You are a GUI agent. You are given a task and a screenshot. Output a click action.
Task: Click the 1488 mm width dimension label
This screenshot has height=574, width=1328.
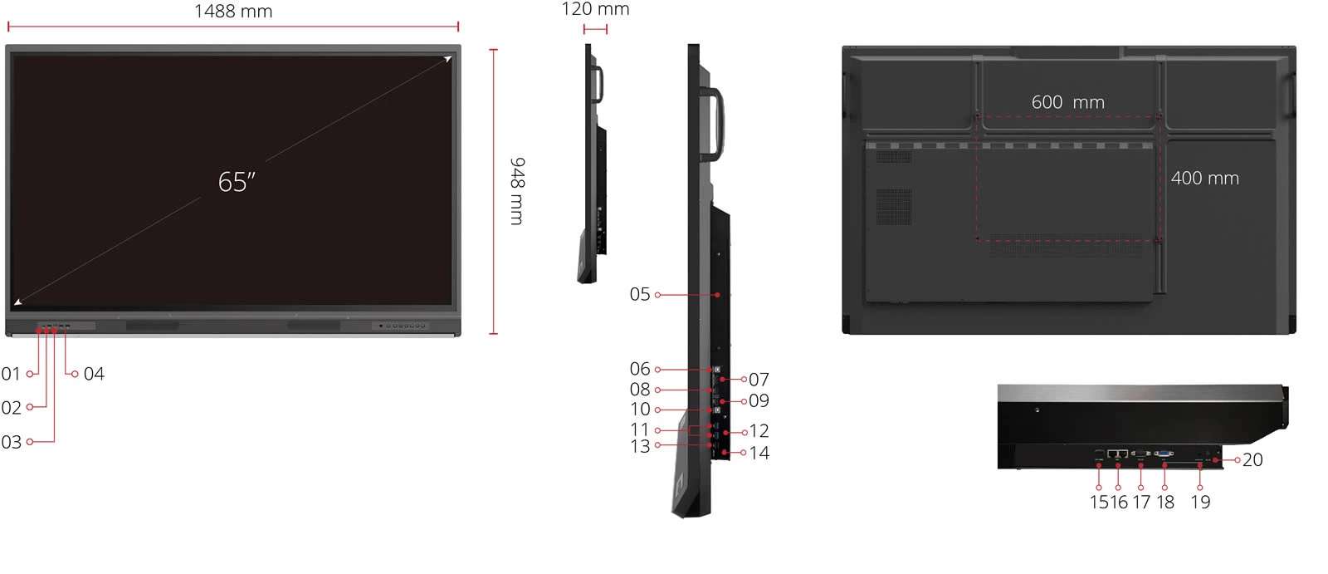[x=233, y=12]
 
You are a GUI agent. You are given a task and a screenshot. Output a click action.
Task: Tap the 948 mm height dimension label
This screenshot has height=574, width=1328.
[x=517, y=191]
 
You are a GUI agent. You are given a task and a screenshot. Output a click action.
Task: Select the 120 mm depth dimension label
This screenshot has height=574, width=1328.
[x=595, y=9]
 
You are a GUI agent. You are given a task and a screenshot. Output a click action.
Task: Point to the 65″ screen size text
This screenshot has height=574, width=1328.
[x=237, y=182]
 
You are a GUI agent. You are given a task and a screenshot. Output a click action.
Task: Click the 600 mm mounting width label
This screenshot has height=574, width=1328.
[x=1067, y=102]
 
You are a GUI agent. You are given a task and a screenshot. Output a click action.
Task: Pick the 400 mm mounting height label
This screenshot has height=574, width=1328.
[x=1204, y=179]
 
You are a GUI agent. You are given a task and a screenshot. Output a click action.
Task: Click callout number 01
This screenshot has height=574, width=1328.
[x=11, y=374]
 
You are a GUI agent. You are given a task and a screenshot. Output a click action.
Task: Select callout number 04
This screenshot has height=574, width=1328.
[x=94, y=374]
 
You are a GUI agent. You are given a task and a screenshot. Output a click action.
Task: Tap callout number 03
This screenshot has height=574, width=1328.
[x=11, y=442]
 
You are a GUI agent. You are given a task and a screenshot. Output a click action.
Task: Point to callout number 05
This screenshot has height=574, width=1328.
[x=639, y=294]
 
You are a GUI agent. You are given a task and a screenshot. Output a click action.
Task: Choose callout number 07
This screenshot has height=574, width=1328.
[x=759, y=380]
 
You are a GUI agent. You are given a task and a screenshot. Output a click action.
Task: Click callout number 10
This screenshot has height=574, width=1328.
[x=640, y=410]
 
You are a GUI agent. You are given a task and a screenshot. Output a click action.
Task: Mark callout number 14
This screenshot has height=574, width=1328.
[x=759, y=453]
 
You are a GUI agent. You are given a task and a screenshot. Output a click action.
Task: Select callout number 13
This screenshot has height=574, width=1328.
[x=640, y=447]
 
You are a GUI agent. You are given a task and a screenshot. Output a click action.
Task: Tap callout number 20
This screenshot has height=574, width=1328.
[x=1252, y=459]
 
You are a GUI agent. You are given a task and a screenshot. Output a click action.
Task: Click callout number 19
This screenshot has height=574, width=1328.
[x=1200, y=502]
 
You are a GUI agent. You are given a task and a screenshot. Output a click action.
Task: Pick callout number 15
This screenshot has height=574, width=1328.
[x=1099, y=502]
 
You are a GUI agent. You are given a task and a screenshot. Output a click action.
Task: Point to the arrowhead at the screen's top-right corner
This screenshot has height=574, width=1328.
[x=447, y=59]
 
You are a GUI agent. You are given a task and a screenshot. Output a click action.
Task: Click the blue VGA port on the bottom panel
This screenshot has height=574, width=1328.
[x=1164, y=454]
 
